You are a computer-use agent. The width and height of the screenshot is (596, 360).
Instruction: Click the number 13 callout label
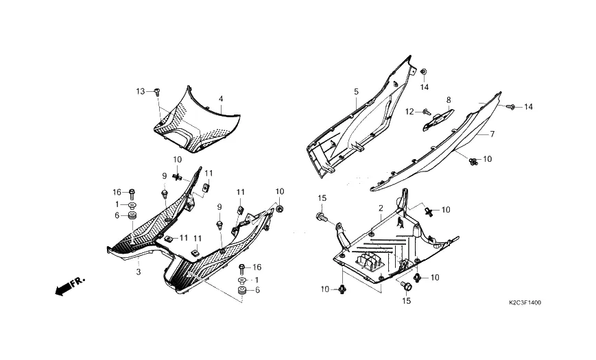tap(141, 91)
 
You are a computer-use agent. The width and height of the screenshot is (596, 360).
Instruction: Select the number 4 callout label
tap(221, 99)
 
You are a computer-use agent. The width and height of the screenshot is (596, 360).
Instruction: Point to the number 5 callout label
tap(356, 91)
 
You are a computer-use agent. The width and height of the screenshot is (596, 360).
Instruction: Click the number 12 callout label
tap(409, 111)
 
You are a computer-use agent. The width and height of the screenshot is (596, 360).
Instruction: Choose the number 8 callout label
tap(449, 100)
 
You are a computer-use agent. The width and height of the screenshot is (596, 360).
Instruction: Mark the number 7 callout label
tap(492, 135)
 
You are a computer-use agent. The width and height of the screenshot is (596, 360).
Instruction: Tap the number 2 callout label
tap(380, 207)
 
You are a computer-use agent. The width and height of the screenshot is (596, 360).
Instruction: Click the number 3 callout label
tap(138, 272)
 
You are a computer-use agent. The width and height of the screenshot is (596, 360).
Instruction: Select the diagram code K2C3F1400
tap(529, 302)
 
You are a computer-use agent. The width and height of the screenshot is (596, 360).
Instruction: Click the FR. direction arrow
tap(69, 285)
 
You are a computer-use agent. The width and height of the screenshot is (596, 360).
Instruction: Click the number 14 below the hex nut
tap(425, 87)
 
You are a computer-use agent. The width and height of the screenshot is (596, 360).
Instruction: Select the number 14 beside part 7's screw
tap(528, 107)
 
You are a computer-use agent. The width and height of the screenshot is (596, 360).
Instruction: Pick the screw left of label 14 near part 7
tap(510, 106)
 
